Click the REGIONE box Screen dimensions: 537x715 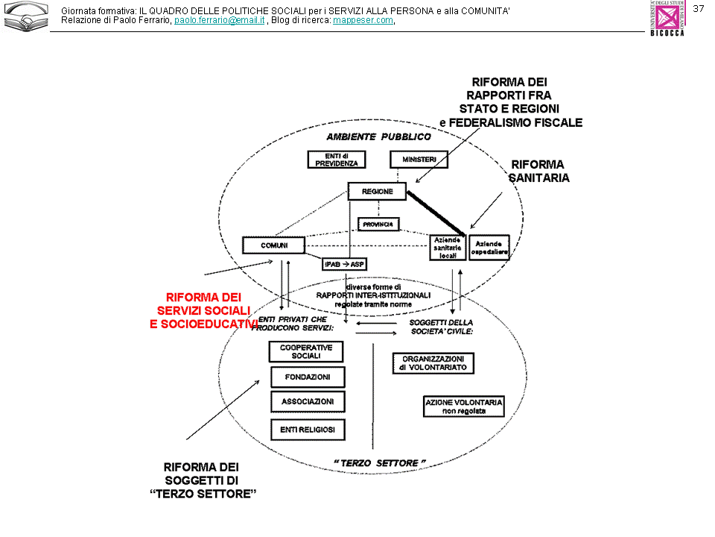378,192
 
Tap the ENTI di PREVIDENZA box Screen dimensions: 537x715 337,160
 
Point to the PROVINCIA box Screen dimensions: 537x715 378,224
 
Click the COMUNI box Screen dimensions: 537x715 274,245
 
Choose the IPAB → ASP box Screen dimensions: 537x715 344,265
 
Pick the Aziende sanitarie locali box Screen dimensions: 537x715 448,248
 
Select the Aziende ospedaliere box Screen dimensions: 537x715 489,248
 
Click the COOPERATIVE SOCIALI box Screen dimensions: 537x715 306,352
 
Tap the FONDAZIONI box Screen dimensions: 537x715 308,377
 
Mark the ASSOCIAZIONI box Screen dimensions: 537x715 308,402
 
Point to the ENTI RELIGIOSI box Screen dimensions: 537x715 308,430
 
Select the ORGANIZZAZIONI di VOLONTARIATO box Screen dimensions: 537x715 433,363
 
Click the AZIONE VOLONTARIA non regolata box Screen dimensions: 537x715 464,406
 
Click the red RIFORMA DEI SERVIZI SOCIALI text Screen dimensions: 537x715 204,310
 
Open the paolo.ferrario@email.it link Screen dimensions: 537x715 220,20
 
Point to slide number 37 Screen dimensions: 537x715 699,8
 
